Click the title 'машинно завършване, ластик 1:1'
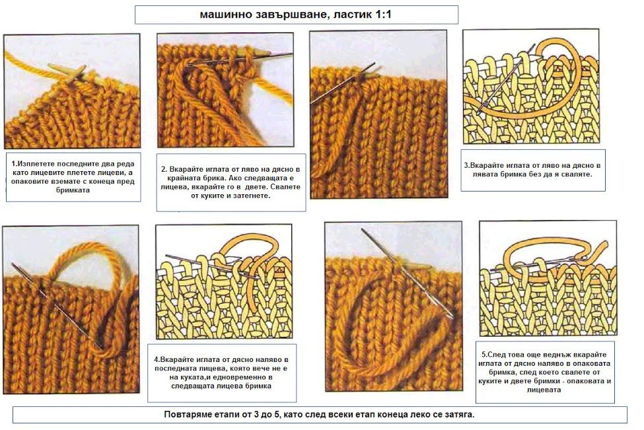coord(296,15)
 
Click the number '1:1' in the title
coord(383,15)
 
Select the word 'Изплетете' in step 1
coord(34,164)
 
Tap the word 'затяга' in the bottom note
coord(460,414)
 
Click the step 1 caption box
coord(73,177)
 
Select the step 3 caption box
coord(532,170)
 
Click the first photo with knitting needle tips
coord(72,90)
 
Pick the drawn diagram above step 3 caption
coord(530,87)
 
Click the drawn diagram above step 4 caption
coord(224,282)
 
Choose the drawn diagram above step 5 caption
coord(548,279)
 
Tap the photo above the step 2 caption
coord(225,90)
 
